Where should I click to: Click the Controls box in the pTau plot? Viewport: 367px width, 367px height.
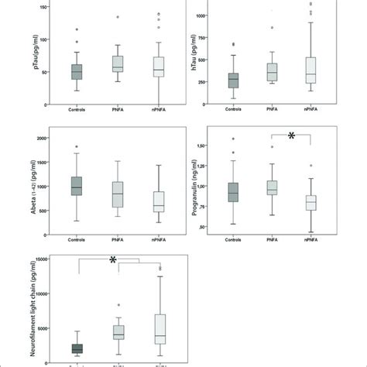pyautogui.click(x=77, y=71)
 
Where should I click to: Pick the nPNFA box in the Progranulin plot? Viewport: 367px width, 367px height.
pyautogui.click(x=311, y=203)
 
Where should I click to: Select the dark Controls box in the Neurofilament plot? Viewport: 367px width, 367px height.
pyautogui.click(x=77, y=349)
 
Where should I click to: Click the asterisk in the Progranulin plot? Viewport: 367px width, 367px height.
pyautogui.click(x=291, y=137)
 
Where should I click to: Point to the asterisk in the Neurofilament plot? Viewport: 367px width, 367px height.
pyautogui.click(x=114, y=262)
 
